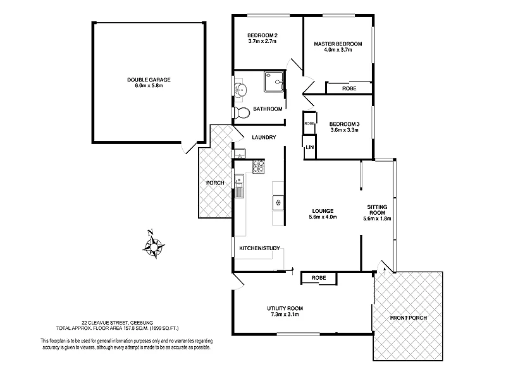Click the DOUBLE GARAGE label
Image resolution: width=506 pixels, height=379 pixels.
tap(149, 80)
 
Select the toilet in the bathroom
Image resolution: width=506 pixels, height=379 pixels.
tap(241, 112)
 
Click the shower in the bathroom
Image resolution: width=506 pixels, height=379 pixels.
tap(274, 83)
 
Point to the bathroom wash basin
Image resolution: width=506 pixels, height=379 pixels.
tap(240, 89)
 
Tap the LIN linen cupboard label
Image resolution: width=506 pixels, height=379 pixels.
tap(309, 147)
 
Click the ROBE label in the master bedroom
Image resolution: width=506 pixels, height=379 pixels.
tap(349, 88)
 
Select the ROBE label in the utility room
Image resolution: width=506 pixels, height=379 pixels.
tap(319, 277)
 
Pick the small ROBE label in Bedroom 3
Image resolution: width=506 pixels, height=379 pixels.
tap(309, 124)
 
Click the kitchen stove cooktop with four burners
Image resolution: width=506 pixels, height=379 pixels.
tap(259, 167)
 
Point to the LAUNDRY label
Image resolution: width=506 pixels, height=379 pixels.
tap(264, 137)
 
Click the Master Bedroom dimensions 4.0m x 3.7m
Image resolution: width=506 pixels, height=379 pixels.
tap(338, 51)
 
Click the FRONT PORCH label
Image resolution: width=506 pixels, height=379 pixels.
tap(407, 317)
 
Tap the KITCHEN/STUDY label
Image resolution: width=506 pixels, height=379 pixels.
tap(260, 248)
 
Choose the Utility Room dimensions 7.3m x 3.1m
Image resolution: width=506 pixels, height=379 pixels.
tap(285, 314)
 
